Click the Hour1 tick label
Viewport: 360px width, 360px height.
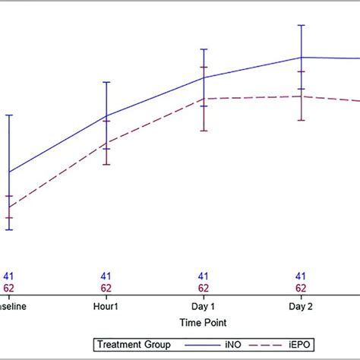106,306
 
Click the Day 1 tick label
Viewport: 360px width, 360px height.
204,306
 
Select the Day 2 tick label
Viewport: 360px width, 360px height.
301,306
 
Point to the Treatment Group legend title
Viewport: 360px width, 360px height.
132,345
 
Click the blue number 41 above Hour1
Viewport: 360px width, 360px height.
106,277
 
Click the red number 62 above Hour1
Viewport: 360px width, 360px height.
106,289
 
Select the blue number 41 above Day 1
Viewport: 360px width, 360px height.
204,277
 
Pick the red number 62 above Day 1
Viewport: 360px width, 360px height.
204,289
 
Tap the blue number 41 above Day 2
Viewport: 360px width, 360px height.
301,277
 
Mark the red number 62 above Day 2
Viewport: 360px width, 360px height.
301,289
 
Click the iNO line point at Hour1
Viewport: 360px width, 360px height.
106,116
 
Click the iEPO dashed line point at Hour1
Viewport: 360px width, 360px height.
106,142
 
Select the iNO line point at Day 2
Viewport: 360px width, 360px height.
301,57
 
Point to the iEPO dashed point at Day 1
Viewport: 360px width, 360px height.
204,98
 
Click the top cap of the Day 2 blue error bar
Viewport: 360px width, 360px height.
301,25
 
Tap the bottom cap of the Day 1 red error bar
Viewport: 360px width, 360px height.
204,131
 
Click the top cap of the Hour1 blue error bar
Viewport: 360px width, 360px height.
106,82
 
